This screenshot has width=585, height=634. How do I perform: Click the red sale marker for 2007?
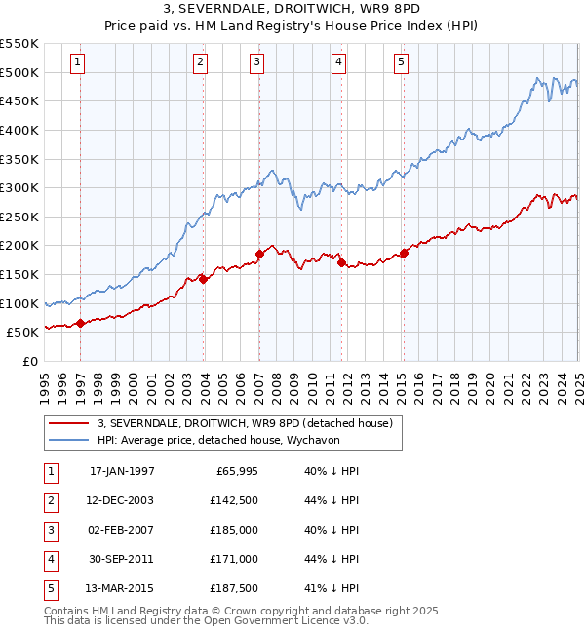click(259, 254)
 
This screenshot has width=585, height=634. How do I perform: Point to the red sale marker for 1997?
click(80, 323)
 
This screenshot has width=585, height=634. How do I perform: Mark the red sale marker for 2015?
click(404, 253)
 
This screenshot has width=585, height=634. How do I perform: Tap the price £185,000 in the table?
click(234, 530)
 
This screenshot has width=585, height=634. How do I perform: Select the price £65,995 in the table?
click(234, 471)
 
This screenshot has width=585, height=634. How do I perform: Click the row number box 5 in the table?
click(50, 588)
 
